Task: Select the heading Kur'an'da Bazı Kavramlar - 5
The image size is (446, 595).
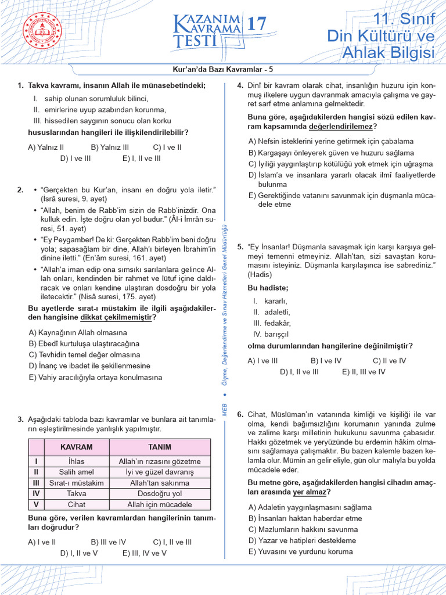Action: coord(223,67)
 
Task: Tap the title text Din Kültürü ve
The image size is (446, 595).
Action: coord(381,36)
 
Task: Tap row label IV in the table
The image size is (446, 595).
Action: coord(36,494)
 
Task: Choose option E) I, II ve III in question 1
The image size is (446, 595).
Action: coord(142,158)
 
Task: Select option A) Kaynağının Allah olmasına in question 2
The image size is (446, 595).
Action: coord(78,332)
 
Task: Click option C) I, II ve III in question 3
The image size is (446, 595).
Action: coord(172,542)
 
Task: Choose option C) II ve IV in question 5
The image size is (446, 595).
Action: coord(390,361)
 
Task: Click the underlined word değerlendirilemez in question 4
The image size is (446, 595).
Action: coord(343,126)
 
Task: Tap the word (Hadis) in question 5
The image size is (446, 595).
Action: coord(260,274)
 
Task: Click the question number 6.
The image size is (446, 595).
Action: coord(240,414)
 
